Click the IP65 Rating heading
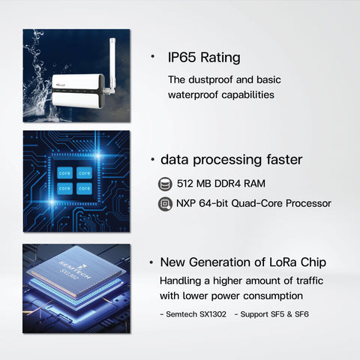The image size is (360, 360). (x=204, y=57)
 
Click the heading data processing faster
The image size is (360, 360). (x=231, y=160)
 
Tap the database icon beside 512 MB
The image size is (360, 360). (x=165, y=184)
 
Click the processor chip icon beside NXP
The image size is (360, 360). (x=165, y=203)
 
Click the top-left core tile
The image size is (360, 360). (x=64, y=172)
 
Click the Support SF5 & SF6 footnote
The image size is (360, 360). (x=271, y=314)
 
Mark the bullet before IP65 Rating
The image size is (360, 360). (x=153, y=57)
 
